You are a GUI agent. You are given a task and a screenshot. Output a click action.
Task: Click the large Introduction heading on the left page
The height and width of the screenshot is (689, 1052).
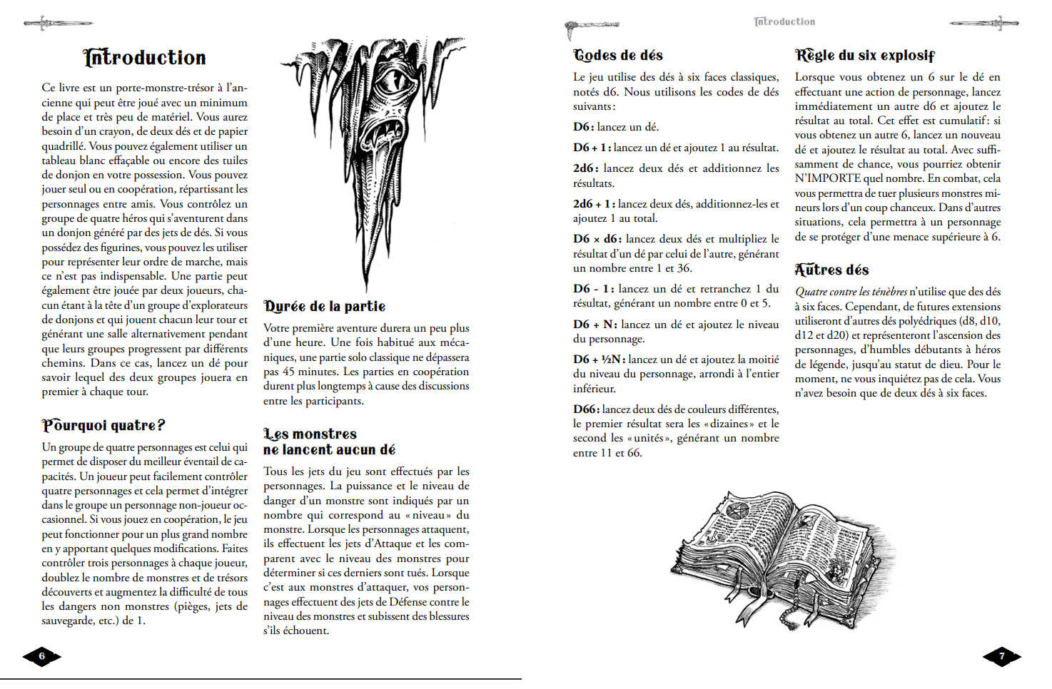pyautogui.click(x=145, y=57)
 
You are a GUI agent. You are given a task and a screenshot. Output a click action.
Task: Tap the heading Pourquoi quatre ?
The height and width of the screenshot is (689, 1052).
pyautogui.click(x=103, y=426)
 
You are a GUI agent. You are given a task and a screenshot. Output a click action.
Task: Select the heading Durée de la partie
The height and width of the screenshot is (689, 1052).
pyautogui.click(x=325, y=306)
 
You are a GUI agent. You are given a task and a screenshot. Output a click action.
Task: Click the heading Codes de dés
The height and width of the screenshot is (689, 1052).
pyautogui.click(x=618, y=55)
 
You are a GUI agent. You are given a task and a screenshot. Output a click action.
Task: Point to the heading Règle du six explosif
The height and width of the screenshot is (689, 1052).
pyautogui.click(x=864, y=55)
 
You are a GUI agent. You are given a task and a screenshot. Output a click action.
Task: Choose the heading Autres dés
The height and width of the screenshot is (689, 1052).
pyautogui.click(x=831, y=270)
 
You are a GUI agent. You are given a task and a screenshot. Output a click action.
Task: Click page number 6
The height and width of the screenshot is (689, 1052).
pyautogui.click(x=41, y=656)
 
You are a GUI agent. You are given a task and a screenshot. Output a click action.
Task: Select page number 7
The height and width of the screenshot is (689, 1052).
pyautogui.click(x=1001, y=656)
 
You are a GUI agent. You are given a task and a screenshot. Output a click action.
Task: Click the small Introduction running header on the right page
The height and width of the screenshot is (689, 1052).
pyautogui.click(x=784, y=21)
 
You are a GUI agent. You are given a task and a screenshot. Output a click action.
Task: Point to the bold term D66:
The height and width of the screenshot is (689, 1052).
pyautogui.click(x=586, y=409)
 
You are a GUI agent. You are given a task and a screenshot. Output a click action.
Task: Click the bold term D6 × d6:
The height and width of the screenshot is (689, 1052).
pyautogui.click(x=597, y=239)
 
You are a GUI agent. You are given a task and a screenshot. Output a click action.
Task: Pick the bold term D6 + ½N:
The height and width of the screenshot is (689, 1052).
pyautogui.click(x=599, y=359)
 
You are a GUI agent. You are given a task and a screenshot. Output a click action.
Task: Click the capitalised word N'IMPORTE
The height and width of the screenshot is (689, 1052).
pyautogui.click(x=827, y=178)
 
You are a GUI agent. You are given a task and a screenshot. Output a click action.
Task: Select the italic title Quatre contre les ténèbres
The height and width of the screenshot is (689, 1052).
pyautogui.click(x=851, y=292)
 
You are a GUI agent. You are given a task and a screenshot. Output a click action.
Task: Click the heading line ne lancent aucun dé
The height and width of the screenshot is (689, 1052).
pyautogui.click(x=329, y=450)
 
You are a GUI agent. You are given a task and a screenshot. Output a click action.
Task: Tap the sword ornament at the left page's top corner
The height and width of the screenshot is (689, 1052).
pyautogui.click(x=48, y=24)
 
